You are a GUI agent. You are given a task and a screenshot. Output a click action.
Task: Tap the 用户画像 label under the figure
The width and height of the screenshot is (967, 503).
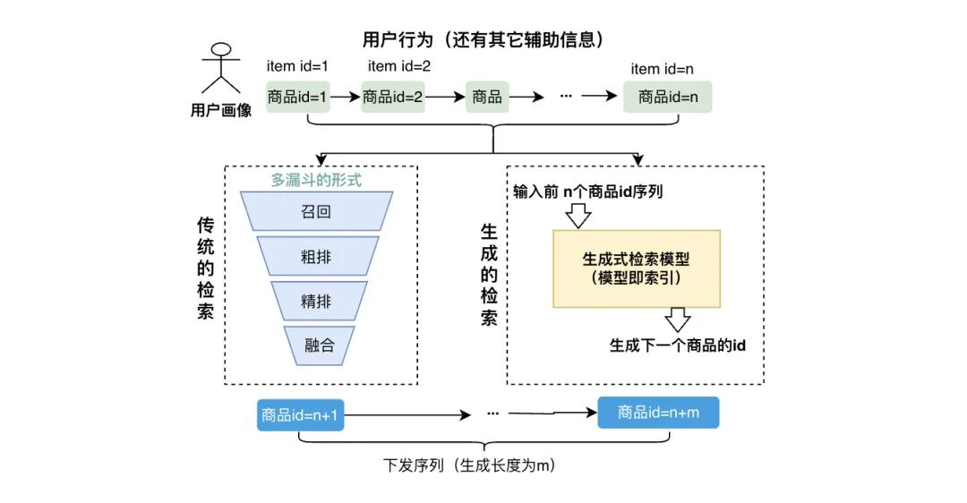pyautogui.click(x=221, y=110)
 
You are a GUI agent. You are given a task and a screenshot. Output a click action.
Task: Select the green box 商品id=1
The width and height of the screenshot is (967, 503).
pyautogui.click(x=298, y=97)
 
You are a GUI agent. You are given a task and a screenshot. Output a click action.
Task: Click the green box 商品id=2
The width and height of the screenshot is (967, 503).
pyautogui.click(x=392, y=97)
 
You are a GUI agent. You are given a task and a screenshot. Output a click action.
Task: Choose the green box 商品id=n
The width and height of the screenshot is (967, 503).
pyautogui.click(x=667, y=97)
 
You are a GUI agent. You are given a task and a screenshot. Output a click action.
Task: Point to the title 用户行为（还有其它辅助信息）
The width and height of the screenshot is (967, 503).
pyautogui.click(x=483, y=40)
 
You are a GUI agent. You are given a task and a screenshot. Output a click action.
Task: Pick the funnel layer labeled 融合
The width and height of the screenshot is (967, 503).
pyautogui.click(x=319, y=345)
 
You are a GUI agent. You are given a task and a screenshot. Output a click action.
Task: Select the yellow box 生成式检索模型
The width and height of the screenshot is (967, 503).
pyautogui.click(x=636, y=269)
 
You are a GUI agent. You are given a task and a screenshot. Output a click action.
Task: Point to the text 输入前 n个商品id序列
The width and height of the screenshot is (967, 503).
pyautogui.click(x=587, y=192)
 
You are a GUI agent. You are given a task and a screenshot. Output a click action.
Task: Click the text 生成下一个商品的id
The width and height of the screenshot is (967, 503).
pyautogui.click(x=677, y=345)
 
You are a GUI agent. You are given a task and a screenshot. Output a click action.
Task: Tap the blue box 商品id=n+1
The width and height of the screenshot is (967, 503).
pyautogui.click(x=302, y=414)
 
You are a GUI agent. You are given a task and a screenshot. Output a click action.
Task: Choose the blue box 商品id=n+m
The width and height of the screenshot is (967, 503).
pyautogui.click(x=658, y=413)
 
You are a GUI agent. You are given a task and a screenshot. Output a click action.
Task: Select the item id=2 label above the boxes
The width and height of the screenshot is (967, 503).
pyautogui.click(x=399, y=66)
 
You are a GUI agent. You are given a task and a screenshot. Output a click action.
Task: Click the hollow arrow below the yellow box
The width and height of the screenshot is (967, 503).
pyautogui.click(x=678, y=320)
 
